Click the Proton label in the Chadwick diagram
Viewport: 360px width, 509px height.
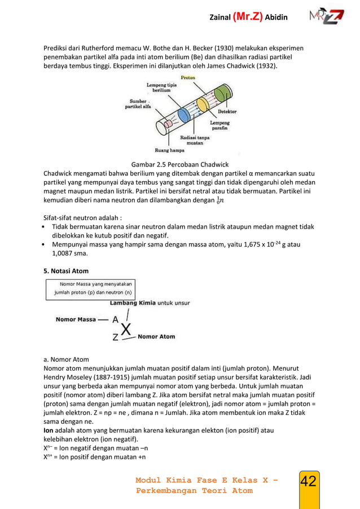(x=188, y=78)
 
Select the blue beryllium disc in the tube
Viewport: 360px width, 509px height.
(x=183, y=115)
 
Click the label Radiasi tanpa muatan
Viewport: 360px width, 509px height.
(x=195, y=140)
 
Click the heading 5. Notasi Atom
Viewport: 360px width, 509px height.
(x=66, y=271)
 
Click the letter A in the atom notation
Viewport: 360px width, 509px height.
(x=115, y=319)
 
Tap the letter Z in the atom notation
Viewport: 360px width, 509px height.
(x=115, y=337)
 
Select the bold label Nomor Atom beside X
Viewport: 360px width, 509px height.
(x=156, y=337)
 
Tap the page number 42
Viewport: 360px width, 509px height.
(x=308, y=481)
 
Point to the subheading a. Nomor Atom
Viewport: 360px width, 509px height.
(x=66, y=358)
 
